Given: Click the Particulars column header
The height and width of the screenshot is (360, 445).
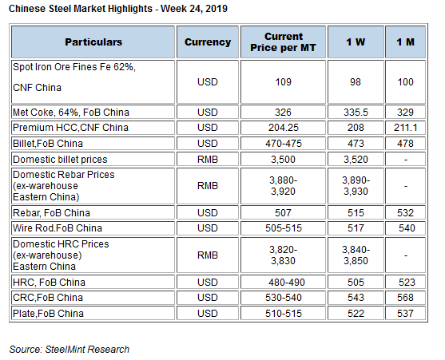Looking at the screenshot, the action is click(x=93, y=42).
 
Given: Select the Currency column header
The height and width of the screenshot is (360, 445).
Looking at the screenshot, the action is click(x=208, y=42).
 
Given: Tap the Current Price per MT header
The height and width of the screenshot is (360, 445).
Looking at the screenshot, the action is click(x=283, y=42).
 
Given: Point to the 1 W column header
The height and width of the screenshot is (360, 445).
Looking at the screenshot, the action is click(x=356, y=42).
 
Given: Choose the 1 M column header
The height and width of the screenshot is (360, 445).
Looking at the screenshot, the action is click(x=405, y=42).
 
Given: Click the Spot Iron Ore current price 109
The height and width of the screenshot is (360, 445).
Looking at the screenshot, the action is click(x=284, y=82).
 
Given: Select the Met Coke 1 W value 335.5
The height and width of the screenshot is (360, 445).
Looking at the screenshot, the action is click(x=356, y=113).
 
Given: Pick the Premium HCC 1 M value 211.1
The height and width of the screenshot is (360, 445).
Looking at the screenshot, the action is click(x=405, y=128).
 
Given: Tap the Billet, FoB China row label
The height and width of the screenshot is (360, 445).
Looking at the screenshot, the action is click(x=48, y=144).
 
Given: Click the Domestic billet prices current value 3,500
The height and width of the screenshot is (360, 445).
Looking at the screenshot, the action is click(x=283, y=160).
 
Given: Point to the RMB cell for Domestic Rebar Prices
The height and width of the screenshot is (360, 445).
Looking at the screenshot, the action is click(x=208, y=186).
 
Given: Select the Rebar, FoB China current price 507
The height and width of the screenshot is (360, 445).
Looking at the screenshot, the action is click(x=283, y=213).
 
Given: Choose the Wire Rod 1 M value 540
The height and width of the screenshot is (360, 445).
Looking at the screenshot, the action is click(x=407, y=228).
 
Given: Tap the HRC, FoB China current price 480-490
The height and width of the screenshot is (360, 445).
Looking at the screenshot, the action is click(x=286, y=283).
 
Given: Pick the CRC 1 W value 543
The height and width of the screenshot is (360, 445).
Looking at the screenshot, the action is click(x=356, y=298).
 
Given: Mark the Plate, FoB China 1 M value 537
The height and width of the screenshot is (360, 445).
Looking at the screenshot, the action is click(x=405, y=314).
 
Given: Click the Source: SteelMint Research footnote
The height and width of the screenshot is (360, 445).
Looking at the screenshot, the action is click(x=70, y=350).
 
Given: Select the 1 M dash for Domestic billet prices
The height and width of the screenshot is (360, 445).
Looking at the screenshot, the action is click(x=406, y=160).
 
